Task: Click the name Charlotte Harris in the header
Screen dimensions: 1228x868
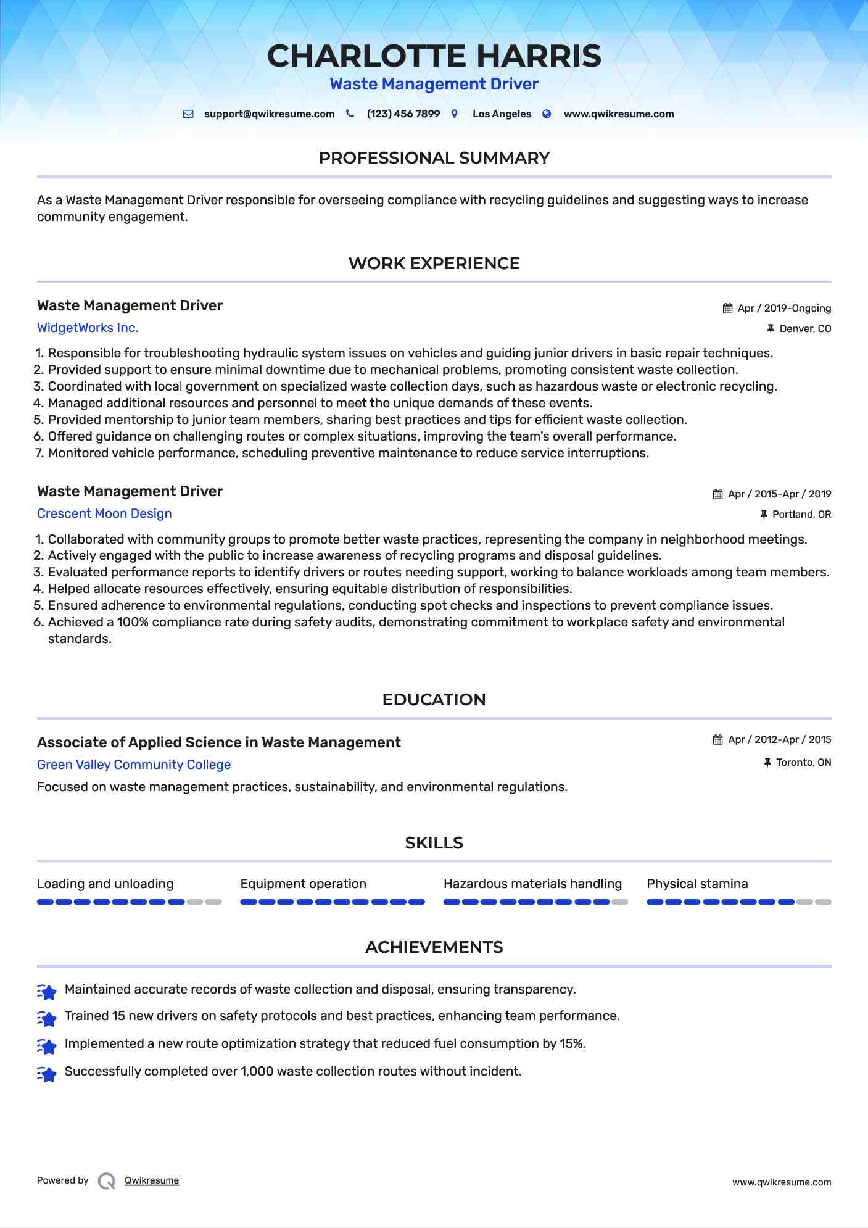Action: coord(434,56)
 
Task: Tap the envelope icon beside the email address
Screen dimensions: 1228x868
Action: coord(189,114)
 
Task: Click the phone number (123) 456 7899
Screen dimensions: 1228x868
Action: coord(403,114)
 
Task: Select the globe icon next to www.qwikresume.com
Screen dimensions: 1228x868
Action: coord(547,114)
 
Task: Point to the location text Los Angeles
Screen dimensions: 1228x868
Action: coord(501,114)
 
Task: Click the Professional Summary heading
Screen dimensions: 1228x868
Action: coord(434,158)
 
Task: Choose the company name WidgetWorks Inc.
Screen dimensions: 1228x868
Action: coord(88,328)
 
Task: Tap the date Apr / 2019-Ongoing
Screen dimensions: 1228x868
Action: coord(784,309)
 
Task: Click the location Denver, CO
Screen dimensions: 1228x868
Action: coord(805,329)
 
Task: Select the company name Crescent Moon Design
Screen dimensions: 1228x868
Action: coord(104,513)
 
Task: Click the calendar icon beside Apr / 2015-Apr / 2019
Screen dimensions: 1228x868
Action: coord(717,494)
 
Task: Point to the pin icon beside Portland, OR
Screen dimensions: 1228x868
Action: coord(764,515)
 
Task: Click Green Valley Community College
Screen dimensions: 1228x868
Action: coord(134,765)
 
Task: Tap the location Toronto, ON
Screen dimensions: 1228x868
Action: coord(803,763)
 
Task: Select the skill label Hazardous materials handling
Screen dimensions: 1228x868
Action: coord(532,884)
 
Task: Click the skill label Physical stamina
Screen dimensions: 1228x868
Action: coord(697,884)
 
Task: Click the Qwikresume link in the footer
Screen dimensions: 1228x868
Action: coord(152,1180)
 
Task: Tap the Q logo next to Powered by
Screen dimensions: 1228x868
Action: coord(107,1181)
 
